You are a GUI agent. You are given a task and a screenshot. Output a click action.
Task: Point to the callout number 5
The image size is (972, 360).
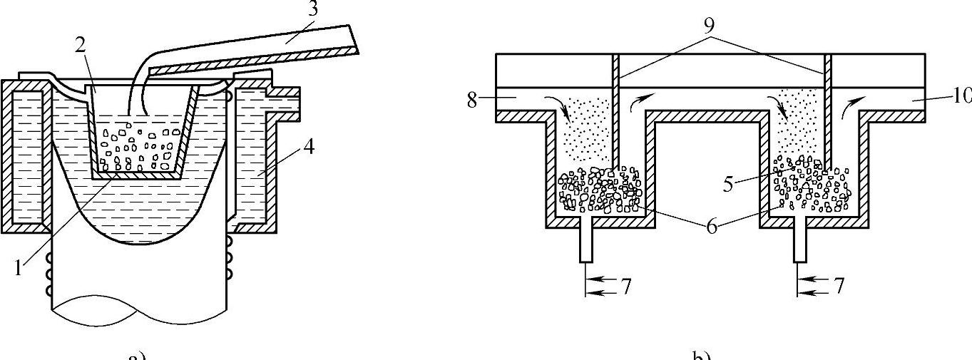coord(728,183)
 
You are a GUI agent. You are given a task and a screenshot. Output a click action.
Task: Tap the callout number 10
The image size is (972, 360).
coord(961,96)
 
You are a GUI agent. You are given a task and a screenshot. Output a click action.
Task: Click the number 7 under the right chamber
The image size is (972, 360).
coord(839,286)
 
